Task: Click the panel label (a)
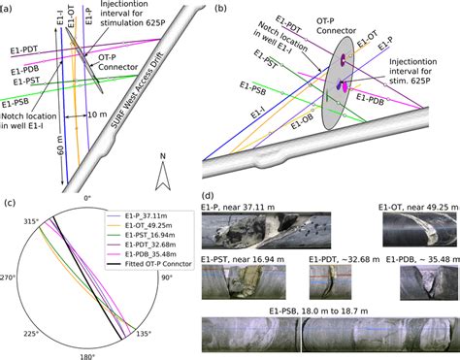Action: point(10,8)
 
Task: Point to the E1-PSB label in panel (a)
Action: point(19,104)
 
